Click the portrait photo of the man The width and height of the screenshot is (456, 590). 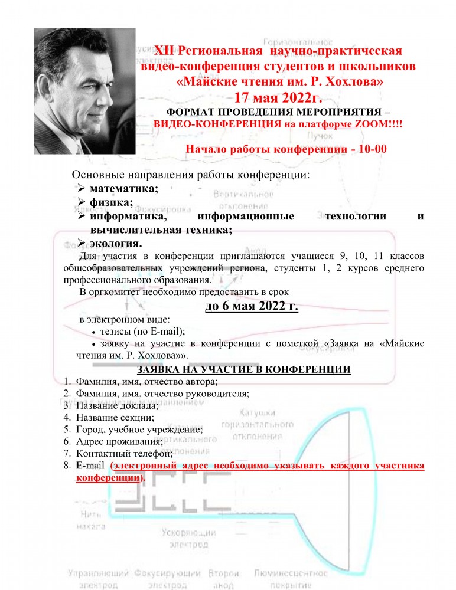[x=84, y=92]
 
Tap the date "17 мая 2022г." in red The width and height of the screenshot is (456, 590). [x=278, y=97]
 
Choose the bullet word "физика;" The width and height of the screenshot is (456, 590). [x=111, y=202]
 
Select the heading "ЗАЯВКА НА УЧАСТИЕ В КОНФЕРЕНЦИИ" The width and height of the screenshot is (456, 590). [x=244, y=370]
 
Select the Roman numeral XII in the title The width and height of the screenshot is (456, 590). [x=165, y=51]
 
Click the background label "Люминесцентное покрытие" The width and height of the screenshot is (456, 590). [x=290, y=578]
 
